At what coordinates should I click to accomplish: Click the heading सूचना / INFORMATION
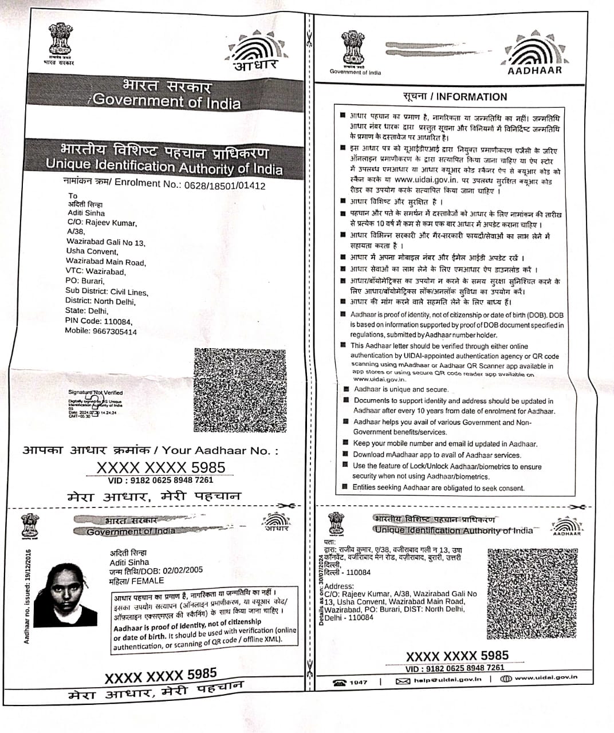tap(455, 97)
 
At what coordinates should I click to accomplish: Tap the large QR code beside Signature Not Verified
tap(240, 389)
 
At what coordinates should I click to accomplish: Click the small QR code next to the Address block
tap(532, 594)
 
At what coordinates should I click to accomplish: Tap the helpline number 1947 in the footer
tap(359, 682)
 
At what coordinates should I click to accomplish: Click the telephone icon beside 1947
tap(340, 682)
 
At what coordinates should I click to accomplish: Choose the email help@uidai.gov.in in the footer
tap(448, 680)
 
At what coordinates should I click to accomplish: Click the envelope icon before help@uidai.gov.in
tap(403, 681)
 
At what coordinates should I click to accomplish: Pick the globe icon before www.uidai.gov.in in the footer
tap(506, 679)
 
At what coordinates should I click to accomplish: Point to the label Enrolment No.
tap(145, 183)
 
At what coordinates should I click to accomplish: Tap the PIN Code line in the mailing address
tap(99, 321)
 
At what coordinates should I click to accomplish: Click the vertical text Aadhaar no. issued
tap(27, 596)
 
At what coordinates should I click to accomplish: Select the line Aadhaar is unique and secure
tap(400, 389)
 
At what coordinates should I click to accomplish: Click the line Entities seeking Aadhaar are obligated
tap(438, 488)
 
